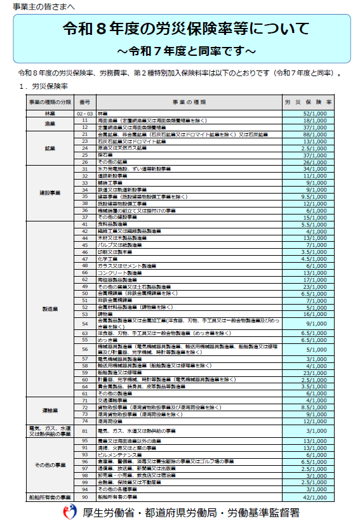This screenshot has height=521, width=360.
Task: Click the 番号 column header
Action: click(85, 102)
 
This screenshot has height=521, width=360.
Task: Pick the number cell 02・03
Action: click(85, 113)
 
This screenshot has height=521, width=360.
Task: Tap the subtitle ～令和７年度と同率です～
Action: click(186, 49)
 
